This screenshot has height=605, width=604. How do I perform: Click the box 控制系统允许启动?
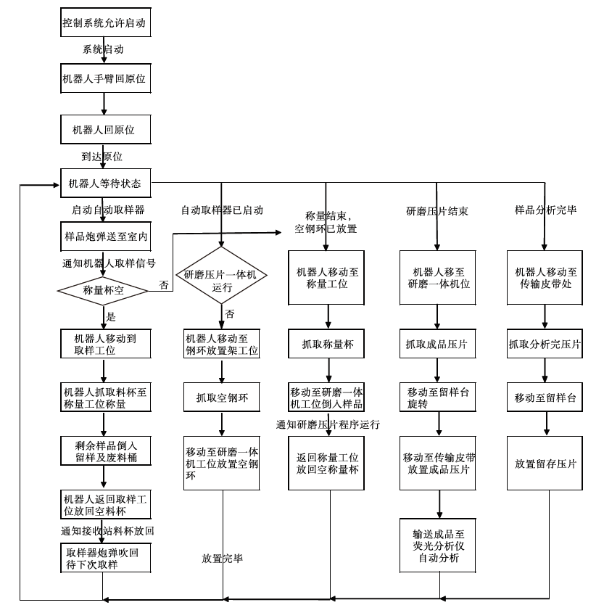pos(104,24)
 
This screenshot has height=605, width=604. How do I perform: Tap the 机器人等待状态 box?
pos(104,184)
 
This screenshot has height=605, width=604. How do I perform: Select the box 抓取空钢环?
pos(220,397)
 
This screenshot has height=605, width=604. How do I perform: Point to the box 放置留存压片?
pos(545,464)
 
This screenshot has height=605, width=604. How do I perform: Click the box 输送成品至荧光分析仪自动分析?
pos(437,545)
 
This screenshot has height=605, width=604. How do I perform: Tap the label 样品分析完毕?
pos(545,210)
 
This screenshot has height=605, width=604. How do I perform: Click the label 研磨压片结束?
pos(437,211)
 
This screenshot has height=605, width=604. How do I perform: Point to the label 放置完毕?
pos(222,558)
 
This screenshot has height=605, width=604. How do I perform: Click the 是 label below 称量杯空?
pos(111,317)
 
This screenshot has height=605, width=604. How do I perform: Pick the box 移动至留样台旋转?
pos(437,398)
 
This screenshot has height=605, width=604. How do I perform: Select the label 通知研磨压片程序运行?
pos(328,424)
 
